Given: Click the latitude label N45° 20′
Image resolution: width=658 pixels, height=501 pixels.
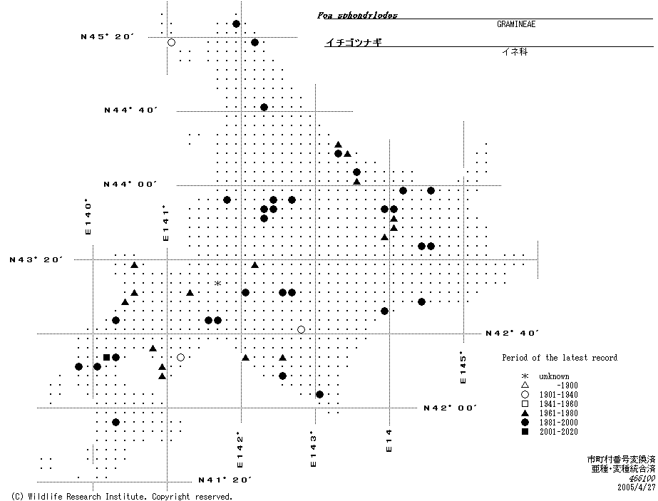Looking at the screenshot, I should [107, 36].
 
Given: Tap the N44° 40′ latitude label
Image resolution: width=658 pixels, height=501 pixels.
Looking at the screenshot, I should [130, 110].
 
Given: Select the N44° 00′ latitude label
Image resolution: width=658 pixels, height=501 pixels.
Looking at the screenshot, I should [130, 185].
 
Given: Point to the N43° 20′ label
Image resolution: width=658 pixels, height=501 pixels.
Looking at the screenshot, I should [36, 260].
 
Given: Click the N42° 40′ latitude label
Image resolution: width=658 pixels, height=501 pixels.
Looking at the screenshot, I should [511, 333].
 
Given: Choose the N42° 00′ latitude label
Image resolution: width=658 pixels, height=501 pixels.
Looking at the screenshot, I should [450, 408].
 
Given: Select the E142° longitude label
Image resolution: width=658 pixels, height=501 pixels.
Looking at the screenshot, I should [240, 446].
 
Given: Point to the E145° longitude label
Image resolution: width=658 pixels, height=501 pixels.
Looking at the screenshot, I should [463, 368].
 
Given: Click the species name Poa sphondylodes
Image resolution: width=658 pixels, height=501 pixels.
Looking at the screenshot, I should [357, 15].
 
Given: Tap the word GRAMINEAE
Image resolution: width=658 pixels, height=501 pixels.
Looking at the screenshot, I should [516, 24].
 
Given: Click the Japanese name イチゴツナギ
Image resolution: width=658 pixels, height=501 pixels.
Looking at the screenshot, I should [354, 43].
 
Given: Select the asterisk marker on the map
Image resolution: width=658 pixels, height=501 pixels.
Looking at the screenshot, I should [218, 284].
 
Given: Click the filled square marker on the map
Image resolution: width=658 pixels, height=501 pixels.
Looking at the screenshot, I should [107, 357].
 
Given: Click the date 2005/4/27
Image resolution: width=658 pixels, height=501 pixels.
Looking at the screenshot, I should [636, 487].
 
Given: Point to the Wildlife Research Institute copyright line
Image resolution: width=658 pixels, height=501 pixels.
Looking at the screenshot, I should [122, 496].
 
